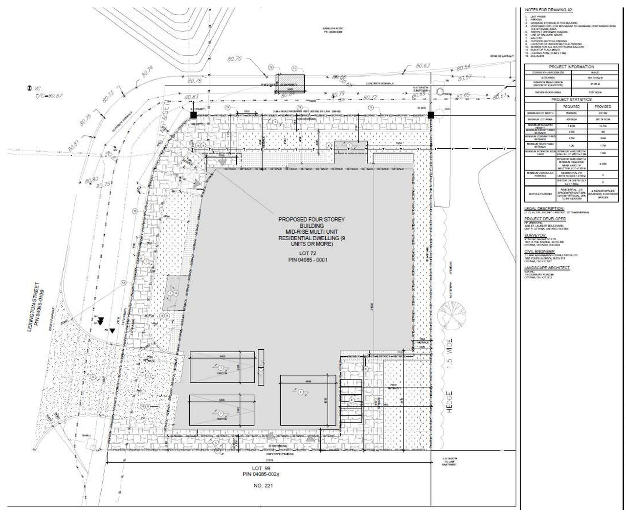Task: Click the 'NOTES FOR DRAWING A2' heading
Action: coord(548,10)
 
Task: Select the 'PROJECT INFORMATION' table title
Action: coord(571,67)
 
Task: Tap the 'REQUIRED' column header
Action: coord(571,106)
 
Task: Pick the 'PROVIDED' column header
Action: coord(603,106)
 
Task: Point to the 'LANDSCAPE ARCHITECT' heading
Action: coord(547,268)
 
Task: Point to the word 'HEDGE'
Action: coord(449,402)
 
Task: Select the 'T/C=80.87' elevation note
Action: coord(48,96)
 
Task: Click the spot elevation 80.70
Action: coord(234,59)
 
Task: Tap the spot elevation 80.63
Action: coord(423,66)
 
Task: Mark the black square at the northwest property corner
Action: coord(193,115)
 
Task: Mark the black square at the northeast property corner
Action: coord(431,115)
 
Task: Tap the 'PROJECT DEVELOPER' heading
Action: coord(545,219)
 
